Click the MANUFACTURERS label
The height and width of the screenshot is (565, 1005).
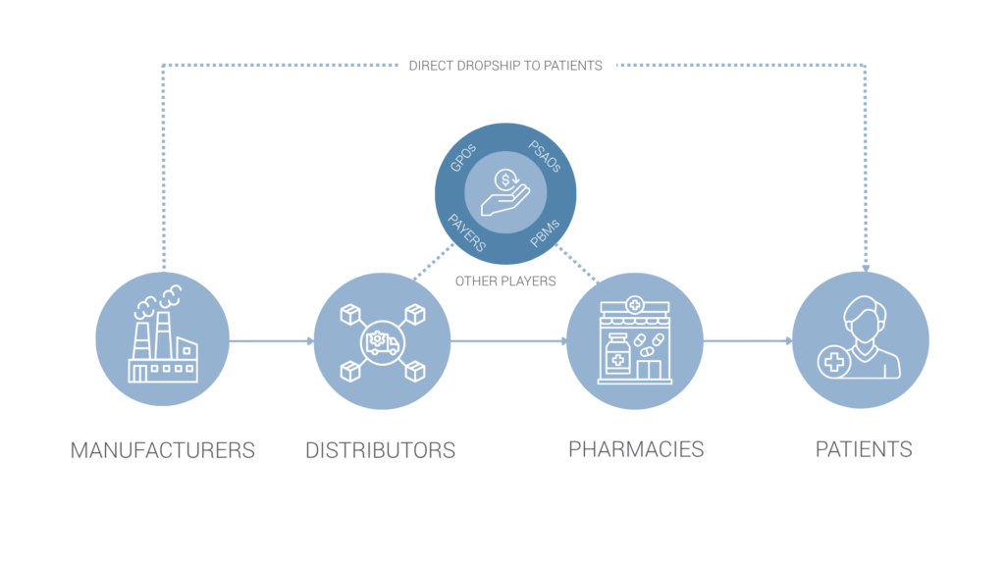pyautogui.click(x=162, y=450)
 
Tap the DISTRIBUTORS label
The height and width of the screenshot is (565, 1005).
pyautogui.click(x=380, y=450)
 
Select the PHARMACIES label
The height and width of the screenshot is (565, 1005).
pyautogui.click(x=636, y=449)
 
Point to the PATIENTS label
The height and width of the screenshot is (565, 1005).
pyautogui.click(x=864, y=449)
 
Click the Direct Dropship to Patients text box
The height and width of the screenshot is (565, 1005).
pyautogui.click(x=506, y=65)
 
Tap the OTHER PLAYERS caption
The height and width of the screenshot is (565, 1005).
pyautogui.click(x=505, y=282)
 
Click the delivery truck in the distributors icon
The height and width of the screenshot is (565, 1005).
pyautogui.click(x=382, y=342)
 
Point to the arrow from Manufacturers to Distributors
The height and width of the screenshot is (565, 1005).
pyautogui.click(x=271, y=341)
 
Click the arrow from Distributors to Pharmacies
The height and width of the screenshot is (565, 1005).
pyautogui.click(x=508, y=341)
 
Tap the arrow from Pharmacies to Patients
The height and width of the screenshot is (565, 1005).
pyautogui.click(x=748, y=341)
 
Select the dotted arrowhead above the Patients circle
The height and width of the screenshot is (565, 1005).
pyautogui.click(x=865, y=265)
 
